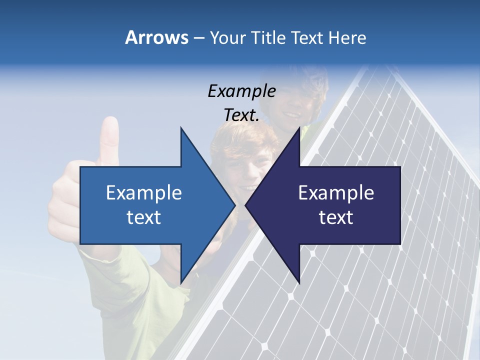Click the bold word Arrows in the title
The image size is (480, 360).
(x=157, y=37)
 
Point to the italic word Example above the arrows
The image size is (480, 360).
(x=241, y=91)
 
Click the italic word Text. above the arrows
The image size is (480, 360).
(x=241, y=115)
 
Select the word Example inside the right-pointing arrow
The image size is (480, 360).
(x=144, y=193)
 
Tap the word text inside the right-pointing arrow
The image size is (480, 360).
(x=144, y=217)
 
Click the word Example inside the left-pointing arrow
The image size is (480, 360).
(x=336, y=193)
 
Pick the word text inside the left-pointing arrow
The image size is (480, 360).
(x=336, y=217)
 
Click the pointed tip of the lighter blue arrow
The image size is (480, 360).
(x=234, y=205)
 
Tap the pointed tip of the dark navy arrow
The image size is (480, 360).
(x=246, y=205)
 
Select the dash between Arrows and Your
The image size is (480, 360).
(x=198, y=38)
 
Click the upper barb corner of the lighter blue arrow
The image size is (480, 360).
(x=181, y=128)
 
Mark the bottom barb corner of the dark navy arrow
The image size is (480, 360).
(x=299, y=283)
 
